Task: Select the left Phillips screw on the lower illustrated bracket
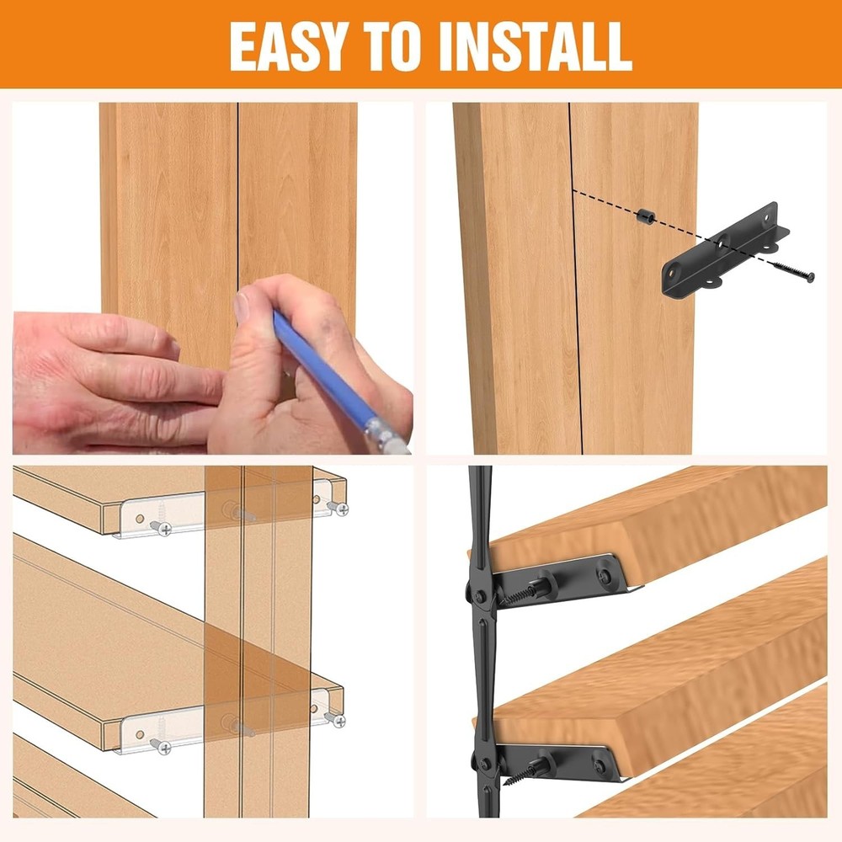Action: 158,744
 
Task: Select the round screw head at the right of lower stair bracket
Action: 599,765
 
